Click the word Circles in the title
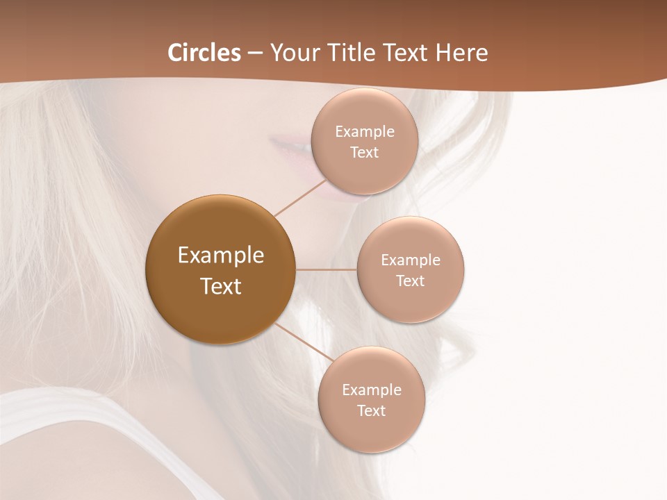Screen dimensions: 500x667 204,53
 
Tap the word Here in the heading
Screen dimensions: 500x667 461,53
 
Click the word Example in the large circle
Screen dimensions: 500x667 221,256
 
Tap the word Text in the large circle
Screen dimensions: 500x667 221,286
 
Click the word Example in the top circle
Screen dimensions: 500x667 365,132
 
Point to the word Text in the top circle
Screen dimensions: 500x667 364,153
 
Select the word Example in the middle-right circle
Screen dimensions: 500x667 411,260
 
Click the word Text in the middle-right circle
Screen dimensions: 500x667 410,281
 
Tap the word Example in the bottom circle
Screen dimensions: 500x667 372,390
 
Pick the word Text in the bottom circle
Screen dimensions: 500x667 371,411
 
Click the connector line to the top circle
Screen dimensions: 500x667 300,198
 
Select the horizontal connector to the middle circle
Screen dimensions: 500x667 327,269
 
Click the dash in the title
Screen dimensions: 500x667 255,53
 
